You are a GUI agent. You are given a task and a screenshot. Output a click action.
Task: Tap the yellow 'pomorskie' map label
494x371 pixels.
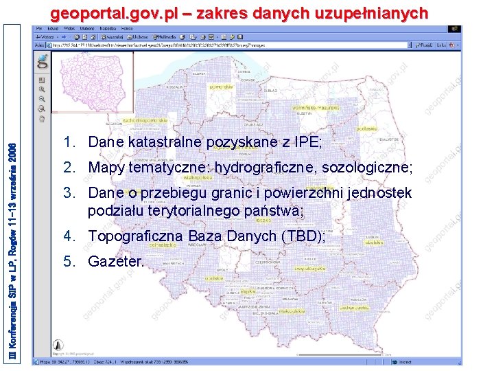[x=222, y=87]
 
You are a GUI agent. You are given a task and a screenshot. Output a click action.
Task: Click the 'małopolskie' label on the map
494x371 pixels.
[x=274, y=311]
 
